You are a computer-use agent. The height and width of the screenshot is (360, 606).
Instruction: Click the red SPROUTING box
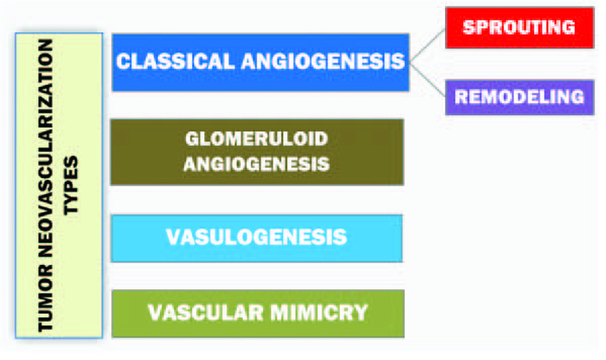519,27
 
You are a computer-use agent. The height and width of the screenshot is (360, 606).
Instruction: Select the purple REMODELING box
519,97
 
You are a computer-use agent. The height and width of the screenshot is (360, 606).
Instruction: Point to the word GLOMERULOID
256,139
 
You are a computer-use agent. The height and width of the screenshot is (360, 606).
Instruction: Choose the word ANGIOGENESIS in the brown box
256,164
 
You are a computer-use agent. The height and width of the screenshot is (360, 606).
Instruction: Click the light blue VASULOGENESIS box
256,237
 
